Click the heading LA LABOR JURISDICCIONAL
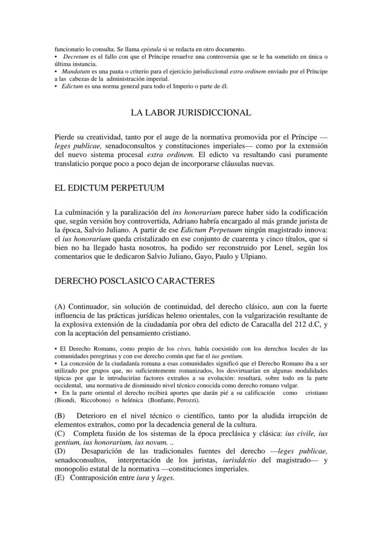click(191, 113)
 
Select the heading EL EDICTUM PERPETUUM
click(109, 188)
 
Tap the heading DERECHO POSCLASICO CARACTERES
click(134, 281)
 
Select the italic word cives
click(185, 349)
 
